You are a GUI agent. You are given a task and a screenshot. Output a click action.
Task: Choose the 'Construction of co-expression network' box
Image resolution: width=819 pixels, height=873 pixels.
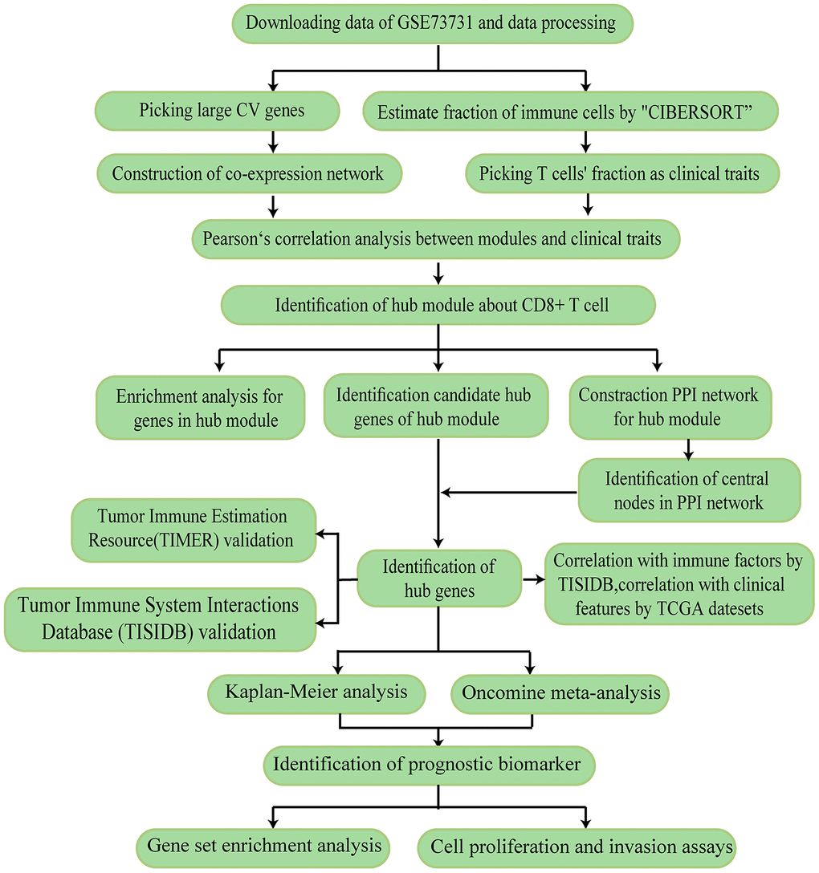pos(248,173)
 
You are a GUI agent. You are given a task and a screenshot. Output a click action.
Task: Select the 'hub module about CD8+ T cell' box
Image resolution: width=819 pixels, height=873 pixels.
pos(438,305)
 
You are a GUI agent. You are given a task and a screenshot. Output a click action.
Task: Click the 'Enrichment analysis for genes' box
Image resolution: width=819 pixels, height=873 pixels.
pos(200,408)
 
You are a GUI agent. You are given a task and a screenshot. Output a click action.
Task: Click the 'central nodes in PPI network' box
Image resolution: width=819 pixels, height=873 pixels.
pos(688,490)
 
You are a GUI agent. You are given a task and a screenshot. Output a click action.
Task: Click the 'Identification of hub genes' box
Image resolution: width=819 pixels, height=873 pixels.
pos(438,579)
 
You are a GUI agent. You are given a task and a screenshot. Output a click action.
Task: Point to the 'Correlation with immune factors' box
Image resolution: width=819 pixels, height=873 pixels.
pos(679,584)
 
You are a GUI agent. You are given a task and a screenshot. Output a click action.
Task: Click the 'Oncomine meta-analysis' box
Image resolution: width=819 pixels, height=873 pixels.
pos(561,692)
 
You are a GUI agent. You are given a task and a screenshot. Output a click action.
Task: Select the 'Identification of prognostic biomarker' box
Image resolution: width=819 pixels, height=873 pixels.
pos(427,763)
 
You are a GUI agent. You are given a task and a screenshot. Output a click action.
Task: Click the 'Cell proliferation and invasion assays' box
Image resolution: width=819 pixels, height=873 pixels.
pos(576,846)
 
